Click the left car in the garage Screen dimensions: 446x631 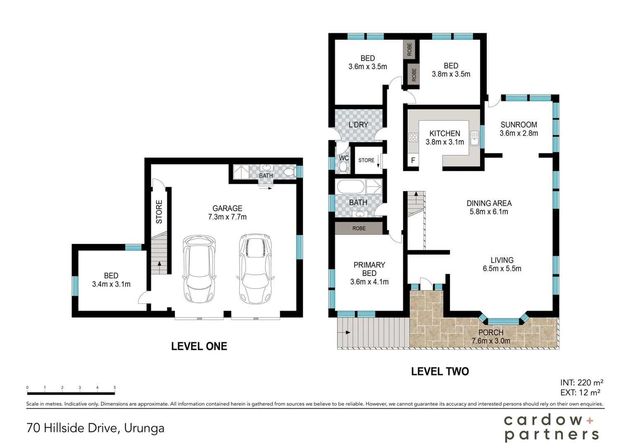tap(199, 269)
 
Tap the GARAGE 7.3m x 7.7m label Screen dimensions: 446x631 tap(227, 213)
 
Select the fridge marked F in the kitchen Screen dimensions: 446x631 tap(413, 161)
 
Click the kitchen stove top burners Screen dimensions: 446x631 tap(413, 138)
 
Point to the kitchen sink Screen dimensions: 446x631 tap(474, 138)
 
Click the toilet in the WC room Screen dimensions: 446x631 tap(343, 166)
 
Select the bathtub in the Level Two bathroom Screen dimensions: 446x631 tap(350, 187)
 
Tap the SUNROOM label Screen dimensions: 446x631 tap(519, 129)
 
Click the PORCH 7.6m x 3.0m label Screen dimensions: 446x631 tap(491, 337)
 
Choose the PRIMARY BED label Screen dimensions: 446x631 tap(369, 273)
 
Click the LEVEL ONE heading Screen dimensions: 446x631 tap(199, 346)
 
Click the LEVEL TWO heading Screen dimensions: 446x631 tap(440, 371)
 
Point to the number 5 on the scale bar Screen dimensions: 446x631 tap(114, 387)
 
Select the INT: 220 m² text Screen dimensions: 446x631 tap(581, 382)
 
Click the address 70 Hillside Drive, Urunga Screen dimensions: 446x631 tap(95, 428)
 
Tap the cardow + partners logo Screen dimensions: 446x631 tap(551, 427)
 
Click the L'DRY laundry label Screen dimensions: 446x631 tap(358, 125)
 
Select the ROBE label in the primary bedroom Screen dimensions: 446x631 tap(359, 228)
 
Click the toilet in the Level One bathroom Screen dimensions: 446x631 tap(289, 172)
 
